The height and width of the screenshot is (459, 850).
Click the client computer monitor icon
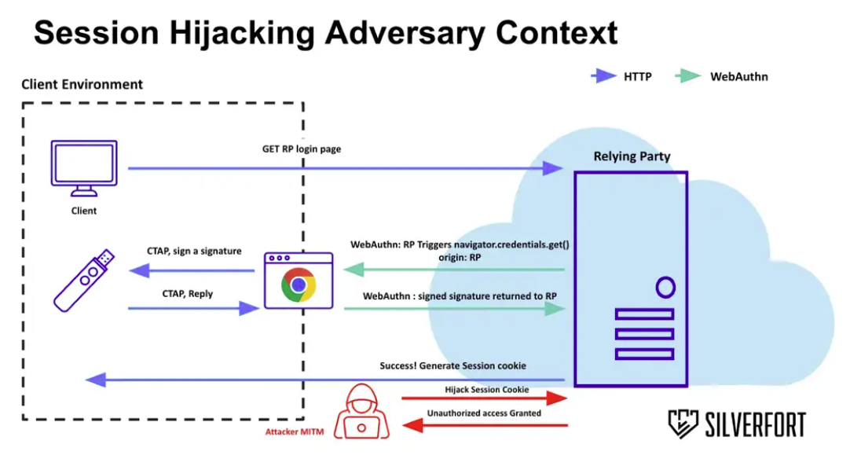(x=83, y=167)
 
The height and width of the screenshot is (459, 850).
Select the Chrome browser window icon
(x=299, y=281)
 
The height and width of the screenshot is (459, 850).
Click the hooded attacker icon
(x=361, y=412)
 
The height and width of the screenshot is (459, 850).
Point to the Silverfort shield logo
(x=683, y=424)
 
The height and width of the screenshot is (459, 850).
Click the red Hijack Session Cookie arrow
(x=483, y=399)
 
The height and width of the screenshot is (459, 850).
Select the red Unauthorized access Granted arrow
(x=483, y=425)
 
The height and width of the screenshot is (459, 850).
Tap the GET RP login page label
(x=302, y=149)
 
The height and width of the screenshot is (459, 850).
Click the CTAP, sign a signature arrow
(x=193, y=270)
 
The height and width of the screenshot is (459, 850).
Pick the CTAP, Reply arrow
(x=193, y=309)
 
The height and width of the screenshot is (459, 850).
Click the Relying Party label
(x=632, y=156)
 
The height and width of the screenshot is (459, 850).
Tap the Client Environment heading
(x=82, y=84)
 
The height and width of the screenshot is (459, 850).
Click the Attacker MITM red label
(x=294, y=431)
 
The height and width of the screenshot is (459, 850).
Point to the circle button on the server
(x=665, y=288)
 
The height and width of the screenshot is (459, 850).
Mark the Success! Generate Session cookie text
(x=452, y=366)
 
